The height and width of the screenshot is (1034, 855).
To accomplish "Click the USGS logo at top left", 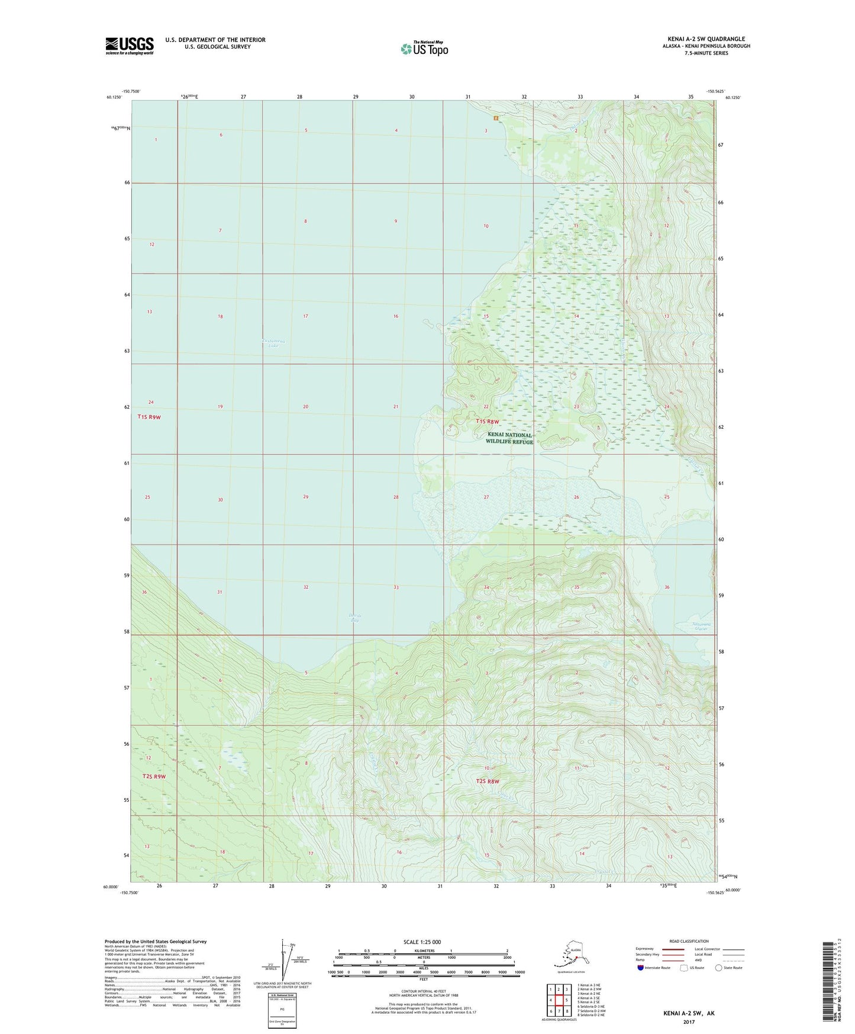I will (130, 46).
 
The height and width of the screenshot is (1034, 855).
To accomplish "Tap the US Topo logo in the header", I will (424, 49).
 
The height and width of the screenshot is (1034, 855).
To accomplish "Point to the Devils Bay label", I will (354, 618).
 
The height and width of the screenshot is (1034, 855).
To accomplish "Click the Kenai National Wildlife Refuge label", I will (509, 438).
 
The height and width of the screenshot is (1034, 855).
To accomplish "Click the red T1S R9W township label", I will (149, 417).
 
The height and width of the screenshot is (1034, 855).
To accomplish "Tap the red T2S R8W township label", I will (488, 781).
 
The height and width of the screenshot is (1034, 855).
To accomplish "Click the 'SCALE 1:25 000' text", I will (422, 942).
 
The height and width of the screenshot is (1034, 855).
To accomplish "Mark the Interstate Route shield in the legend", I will (641, 968).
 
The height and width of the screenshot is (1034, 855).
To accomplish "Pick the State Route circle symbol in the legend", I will (719, 968).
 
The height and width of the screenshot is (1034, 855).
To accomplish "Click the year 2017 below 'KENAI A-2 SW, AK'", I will (689, 1022).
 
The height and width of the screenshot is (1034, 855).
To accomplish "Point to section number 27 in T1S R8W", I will (486, 497).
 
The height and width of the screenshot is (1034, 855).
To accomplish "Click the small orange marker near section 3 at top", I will (496, 117).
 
